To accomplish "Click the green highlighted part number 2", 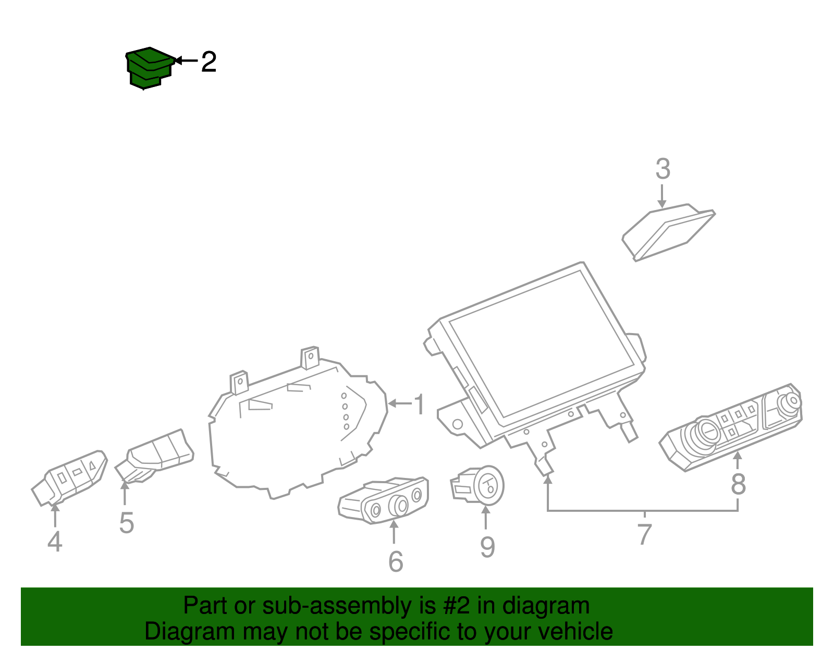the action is pyautogui.click(x=149, y=68).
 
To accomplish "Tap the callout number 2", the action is pyautogui.click(x=209, y=62).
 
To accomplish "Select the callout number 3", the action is pyautogui.click(x=663, y=169).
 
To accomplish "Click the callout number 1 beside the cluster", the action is pyautogui.click(x=419, y=404).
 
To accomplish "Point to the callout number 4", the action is pyautogui.click(x=55, y=542).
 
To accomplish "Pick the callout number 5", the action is pyautogui.click(x=127, y=523).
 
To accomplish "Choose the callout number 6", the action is pyautogui.click(x=396, y=562).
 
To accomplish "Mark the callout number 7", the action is pyautogui.click(x=645, y=534).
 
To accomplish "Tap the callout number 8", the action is pyautogui.click(x=738, y=485).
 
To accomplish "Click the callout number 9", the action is pyautogui.click(x=487, y=547).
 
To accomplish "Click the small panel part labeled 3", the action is pyautogui.click(x=668, y=232).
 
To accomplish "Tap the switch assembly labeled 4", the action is pyautogui.click(x=69, y=478).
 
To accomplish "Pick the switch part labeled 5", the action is pyautogui.click(x=154, y=456).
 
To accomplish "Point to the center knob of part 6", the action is pyautogui.click(x=399, y=506).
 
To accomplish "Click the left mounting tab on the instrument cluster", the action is pyautogui.click(x=239, y=382).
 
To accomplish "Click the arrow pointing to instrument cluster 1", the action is pyautogui.click(x=400, y=403).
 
